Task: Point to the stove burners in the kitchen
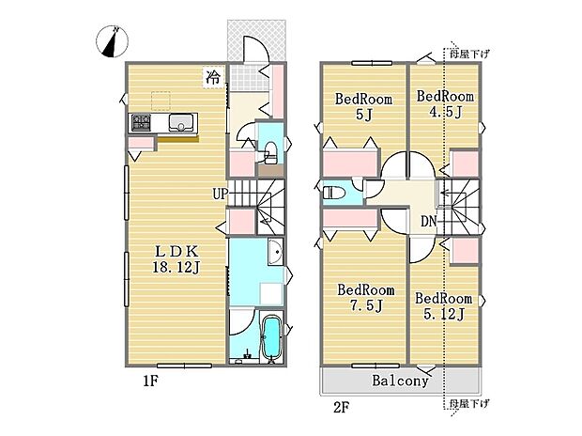click(x=141, y=123)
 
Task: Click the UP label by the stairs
click(x=219, y=195)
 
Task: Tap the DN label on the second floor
click(x=427, y=222)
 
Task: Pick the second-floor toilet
click(x=333, y=193)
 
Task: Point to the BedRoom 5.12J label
click(x=442, y=305)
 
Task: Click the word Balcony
click(x=400, y=381)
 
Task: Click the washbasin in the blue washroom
click(x=273, y=253)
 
